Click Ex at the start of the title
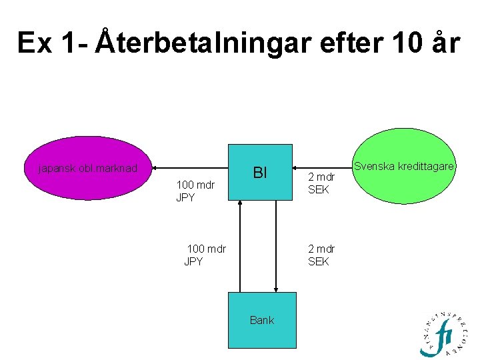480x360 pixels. point(33,43)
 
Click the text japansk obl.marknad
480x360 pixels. point(89,169)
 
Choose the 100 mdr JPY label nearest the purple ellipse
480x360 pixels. point(195,191)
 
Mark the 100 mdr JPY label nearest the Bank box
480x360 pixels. point(205,255)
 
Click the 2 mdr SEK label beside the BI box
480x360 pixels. point(321,183)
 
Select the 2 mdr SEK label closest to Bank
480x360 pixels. point(321,255)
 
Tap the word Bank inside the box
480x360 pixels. point(261,320)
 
